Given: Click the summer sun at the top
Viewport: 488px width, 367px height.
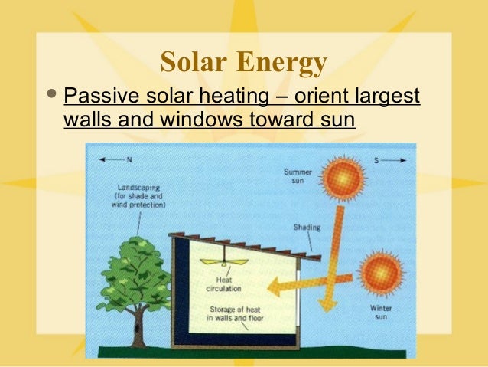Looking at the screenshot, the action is [x=343, y=179].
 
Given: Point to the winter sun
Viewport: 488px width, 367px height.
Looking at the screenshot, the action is [x=379, y=274].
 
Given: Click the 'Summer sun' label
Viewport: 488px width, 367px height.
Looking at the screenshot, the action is [x=298, y=176].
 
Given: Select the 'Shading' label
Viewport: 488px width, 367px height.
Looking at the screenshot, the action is [x=307, y=228].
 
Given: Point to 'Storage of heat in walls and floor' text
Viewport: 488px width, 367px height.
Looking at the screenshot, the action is [x=236, y=313].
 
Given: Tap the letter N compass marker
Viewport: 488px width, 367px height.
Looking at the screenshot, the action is [x=129, y=160].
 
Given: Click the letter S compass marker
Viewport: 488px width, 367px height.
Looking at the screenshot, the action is [x=376, y=159].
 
